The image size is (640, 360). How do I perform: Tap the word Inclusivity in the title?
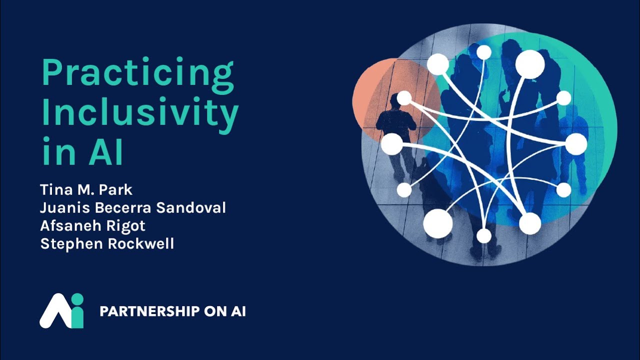click(x=140, y=113)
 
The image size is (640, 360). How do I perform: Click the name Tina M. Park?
click(x=86, y=190)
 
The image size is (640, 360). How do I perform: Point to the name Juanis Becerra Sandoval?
click(x=133, y=207)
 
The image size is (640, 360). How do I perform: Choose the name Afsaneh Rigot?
click(x=92, y=225)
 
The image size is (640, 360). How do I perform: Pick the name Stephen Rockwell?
click(x=106, y=243)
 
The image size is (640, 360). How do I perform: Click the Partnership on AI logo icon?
click(x=61, y=310)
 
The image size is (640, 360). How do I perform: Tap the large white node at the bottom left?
click(x=438, y=223)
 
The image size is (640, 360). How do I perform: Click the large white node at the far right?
click(x=576, y=144)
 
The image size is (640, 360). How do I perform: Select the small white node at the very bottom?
click(x=484, y=235)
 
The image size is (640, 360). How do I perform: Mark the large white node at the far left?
click(x=392, y=144)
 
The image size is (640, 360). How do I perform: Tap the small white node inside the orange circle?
click(x=404, y=98)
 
